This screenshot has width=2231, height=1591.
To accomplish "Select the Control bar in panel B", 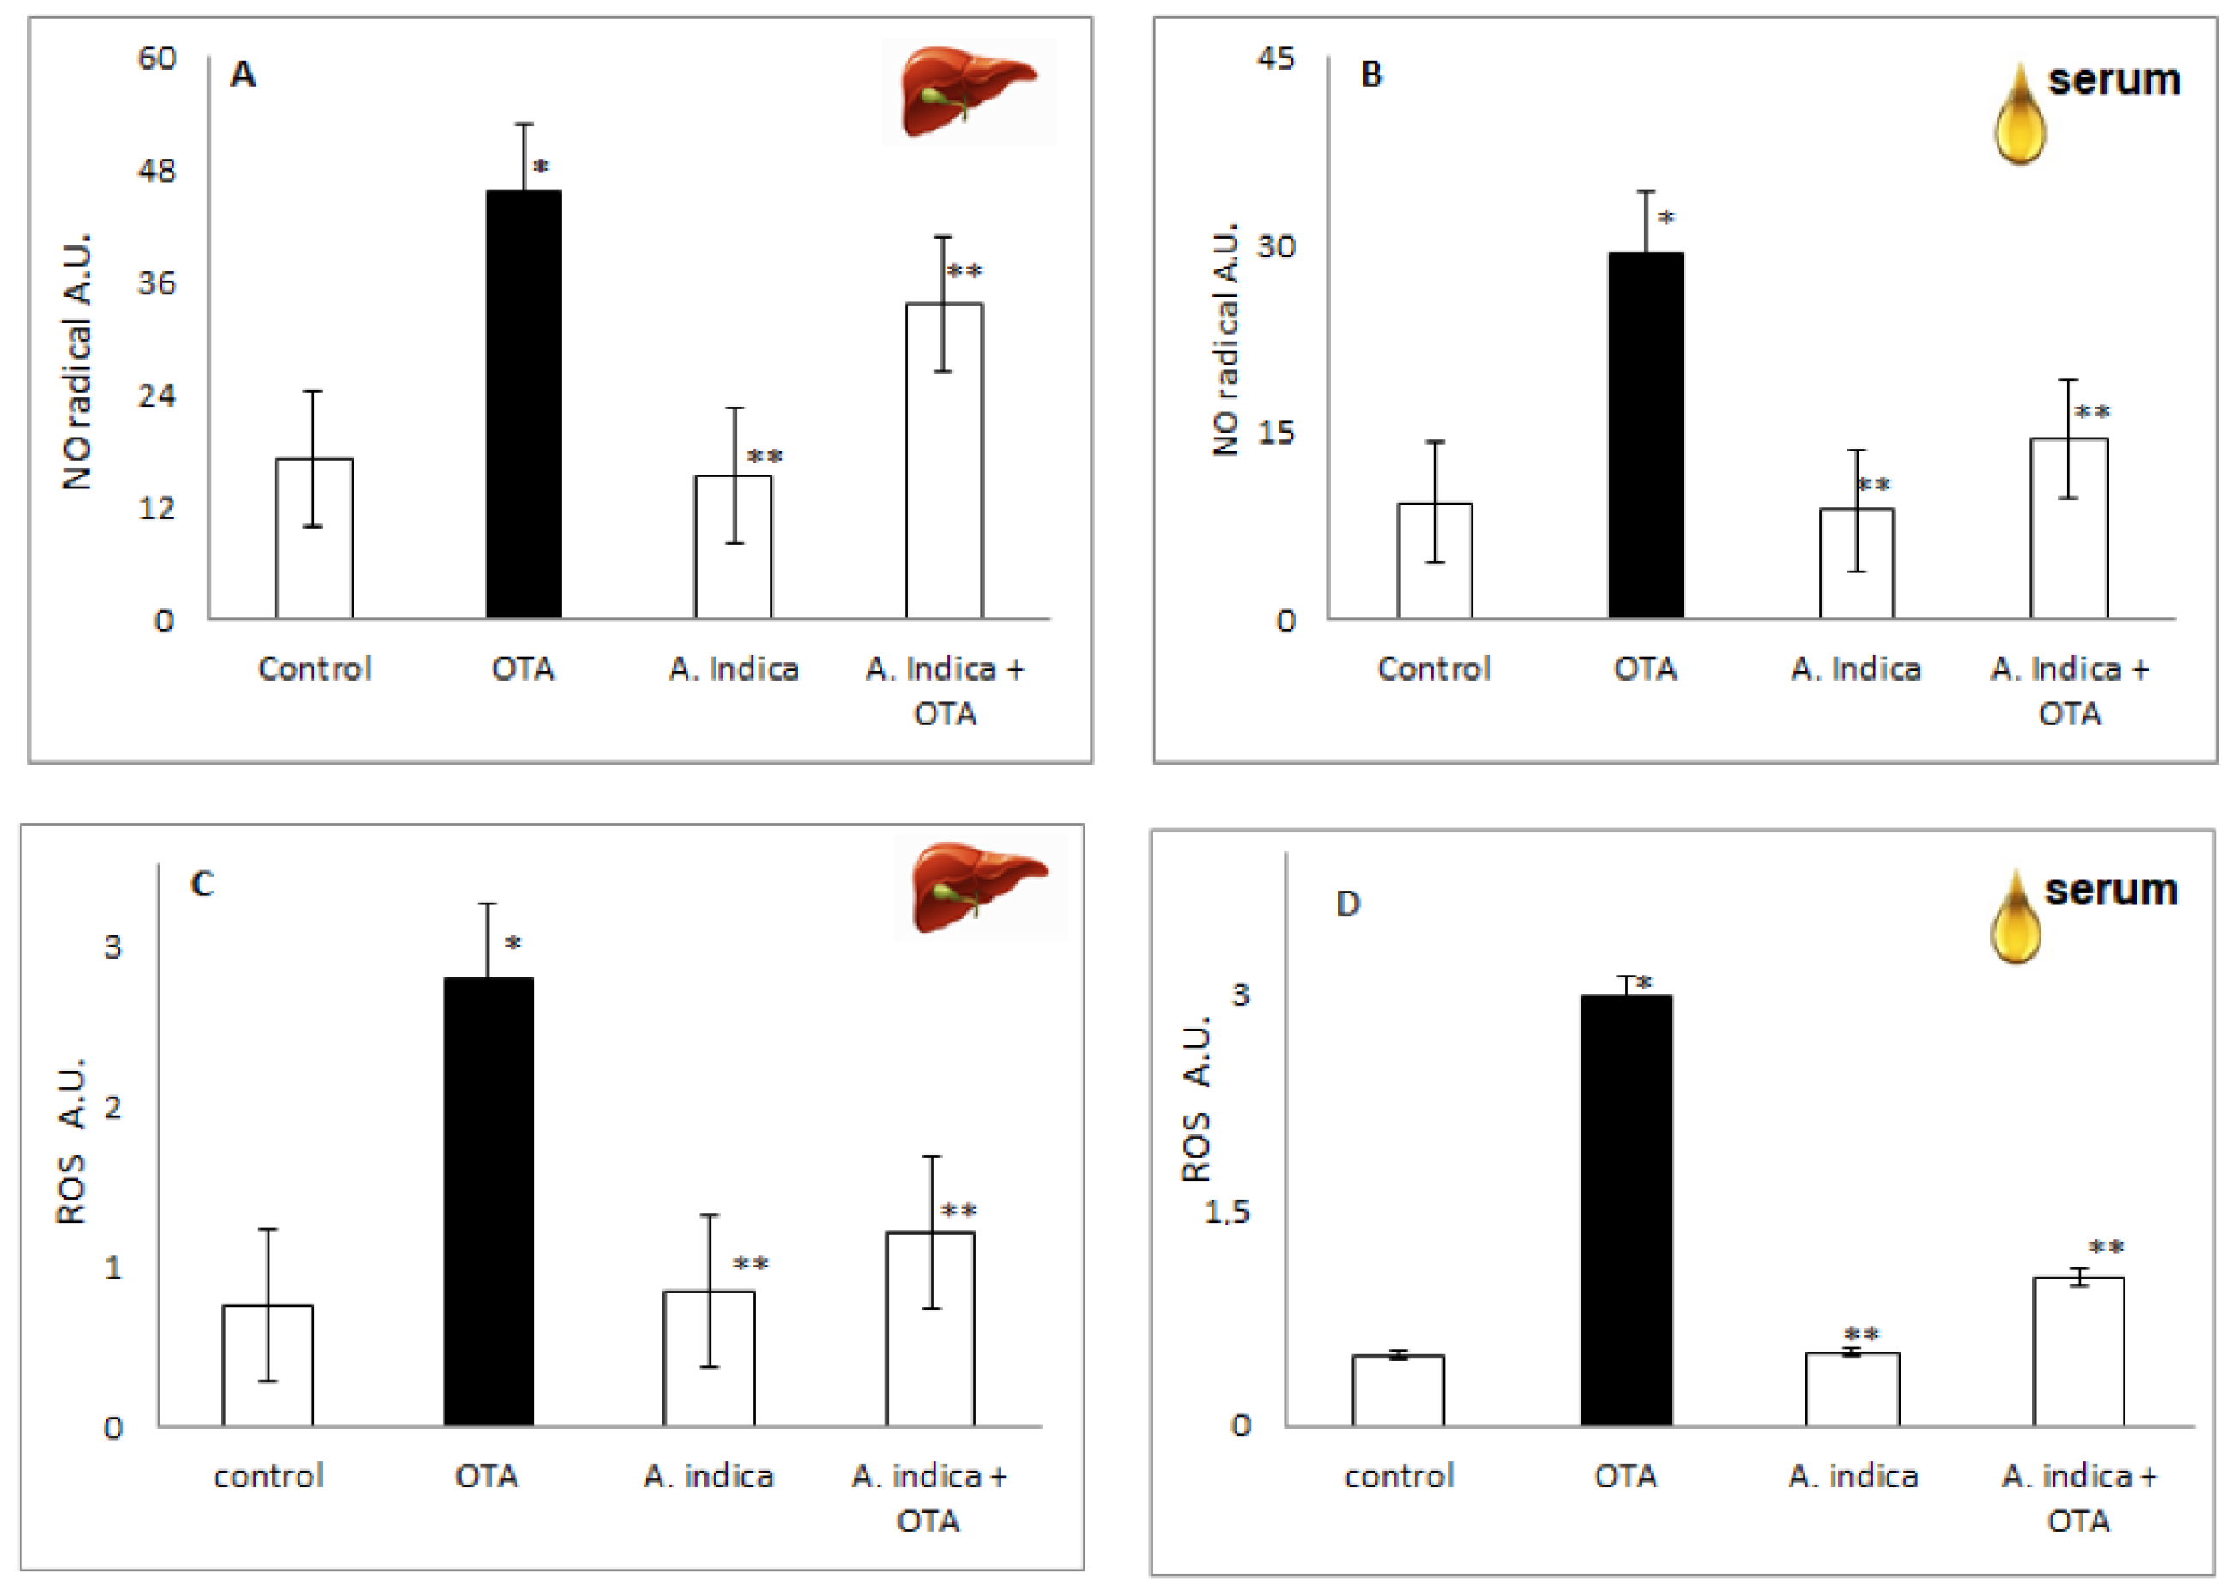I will [x=1434, y=560].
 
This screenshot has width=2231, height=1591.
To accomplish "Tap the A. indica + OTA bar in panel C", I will [x=929, y=1328].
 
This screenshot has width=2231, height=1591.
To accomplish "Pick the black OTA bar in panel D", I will [x=1625, y=1210].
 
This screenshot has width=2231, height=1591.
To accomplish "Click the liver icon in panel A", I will [x=968, y=90].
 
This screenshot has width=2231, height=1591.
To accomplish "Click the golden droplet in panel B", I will [x=2019, y=116].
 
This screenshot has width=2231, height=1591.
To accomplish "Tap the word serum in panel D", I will [x=2111, y=890].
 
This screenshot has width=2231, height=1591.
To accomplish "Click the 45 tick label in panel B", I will [x=1276, y=58].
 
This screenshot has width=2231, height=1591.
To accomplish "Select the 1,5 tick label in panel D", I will [x=1227, y=1212].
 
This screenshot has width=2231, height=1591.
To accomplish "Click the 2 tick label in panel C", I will [x=112, y=1108].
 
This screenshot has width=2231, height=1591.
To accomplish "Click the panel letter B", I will [x=1371, y=75].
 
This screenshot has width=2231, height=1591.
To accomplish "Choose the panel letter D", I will [x=1348, y=904].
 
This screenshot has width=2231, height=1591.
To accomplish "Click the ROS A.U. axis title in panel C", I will [x=70, y=1141].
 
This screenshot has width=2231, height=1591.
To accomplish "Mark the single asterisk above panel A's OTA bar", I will [x=541, y=168].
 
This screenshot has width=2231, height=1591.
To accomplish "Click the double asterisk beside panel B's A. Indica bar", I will [x=1872, y=485].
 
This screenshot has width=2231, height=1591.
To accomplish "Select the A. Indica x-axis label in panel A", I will [x=734, y=669].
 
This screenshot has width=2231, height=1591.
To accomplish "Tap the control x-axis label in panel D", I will [x=1399, y=1476].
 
